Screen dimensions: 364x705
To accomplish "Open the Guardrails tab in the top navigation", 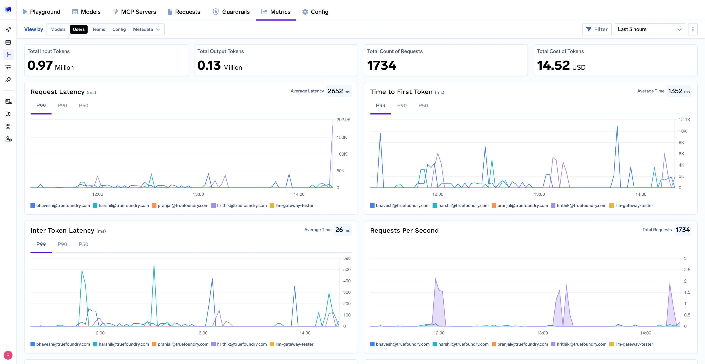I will (x=231, y=12).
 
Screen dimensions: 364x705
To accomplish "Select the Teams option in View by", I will (x=98, y=29).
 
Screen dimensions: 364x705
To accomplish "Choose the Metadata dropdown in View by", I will (x=146, y=29).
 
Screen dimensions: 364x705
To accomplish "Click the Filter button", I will (x=597, y=29).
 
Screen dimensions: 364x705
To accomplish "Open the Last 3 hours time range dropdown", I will (x=649, y=29).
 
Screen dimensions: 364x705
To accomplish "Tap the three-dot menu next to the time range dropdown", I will (x=693, y=29).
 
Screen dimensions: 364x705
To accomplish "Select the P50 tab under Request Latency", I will (x=84, y=105).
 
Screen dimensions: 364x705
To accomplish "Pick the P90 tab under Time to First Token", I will (x=402, y=105).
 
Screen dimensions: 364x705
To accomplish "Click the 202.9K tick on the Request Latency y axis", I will (x=344, y=119).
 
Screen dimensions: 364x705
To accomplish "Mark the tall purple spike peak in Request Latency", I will (x=332, y=126).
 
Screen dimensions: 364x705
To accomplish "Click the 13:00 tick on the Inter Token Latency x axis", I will (x=202, y=333).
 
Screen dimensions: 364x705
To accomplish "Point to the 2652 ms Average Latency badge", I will (x=339, y=91).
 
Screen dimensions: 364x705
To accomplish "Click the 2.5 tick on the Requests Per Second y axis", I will (x=687, y=270).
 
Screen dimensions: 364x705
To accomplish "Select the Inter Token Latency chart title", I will (x=62, y=231).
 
